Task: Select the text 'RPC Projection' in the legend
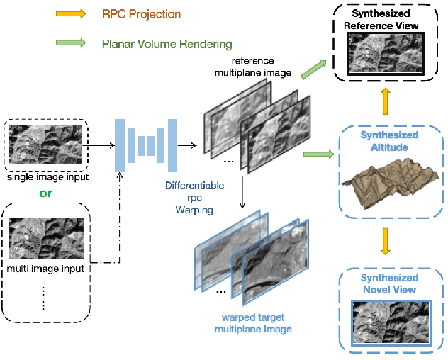[141, 14]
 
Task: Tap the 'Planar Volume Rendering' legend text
[167, 44]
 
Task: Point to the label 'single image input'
[47, 176]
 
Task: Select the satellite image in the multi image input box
[47, 239]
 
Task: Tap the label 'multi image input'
[47, 269]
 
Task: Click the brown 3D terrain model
[388, 181]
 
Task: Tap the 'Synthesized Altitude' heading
[389, 140]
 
